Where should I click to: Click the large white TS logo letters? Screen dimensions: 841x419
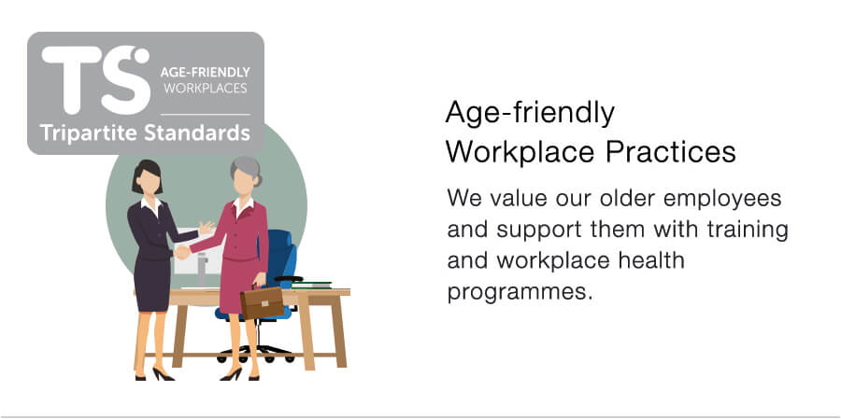[96, 79]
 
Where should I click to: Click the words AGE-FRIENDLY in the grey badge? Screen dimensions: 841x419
[205, 72]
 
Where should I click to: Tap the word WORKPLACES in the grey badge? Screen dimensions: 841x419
[206, 89]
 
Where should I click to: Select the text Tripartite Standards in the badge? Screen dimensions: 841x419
[145, 133]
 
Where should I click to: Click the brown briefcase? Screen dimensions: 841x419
[262, 301]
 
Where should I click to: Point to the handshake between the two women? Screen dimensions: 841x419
[182, 251]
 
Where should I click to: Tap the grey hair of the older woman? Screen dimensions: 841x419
[246, 169]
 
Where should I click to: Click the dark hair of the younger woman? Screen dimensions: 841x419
[147, 175]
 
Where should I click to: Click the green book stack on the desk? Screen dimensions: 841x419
[311, 284]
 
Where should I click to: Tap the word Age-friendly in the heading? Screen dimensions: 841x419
[530, 114]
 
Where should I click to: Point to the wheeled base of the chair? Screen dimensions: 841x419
[256, 354]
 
